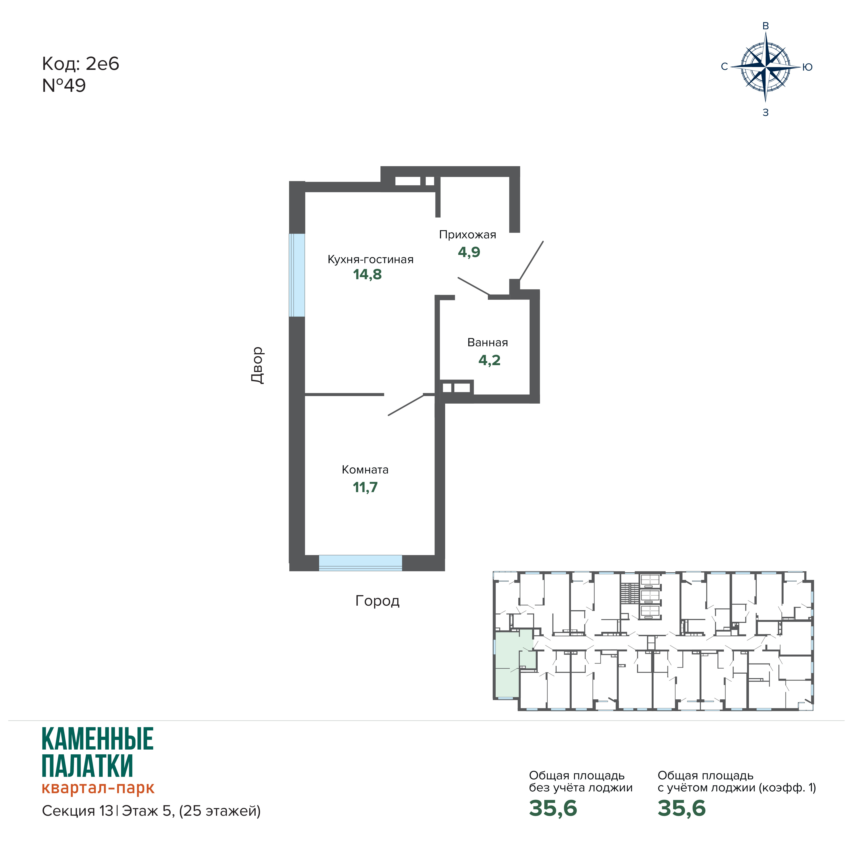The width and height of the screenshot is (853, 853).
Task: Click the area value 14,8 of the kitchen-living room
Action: point(367,275)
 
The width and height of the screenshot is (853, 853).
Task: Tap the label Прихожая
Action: point(468,235)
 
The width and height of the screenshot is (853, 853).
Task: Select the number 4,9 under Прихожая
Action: point(469,252)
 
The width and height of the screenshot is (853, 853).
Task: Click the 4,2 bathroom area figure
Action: point(489,360)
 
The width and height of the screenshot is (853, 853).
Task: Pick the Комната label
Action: point(365,470)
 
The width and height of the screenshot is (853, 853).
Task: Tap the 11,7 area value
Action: point(365,487)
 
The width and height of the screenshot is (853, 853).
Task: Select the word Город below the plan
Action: point(377,601)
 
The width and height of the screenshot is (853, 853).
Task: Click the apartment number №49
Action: point(64,86)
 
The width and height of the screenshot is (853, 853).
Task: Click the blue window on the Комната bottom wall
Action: point(360,563)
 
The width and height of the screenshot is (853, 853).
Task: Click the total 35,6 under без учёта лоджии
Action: point(553,808)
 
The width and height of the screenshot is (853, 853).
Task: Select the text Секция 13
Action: point(78,811)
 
